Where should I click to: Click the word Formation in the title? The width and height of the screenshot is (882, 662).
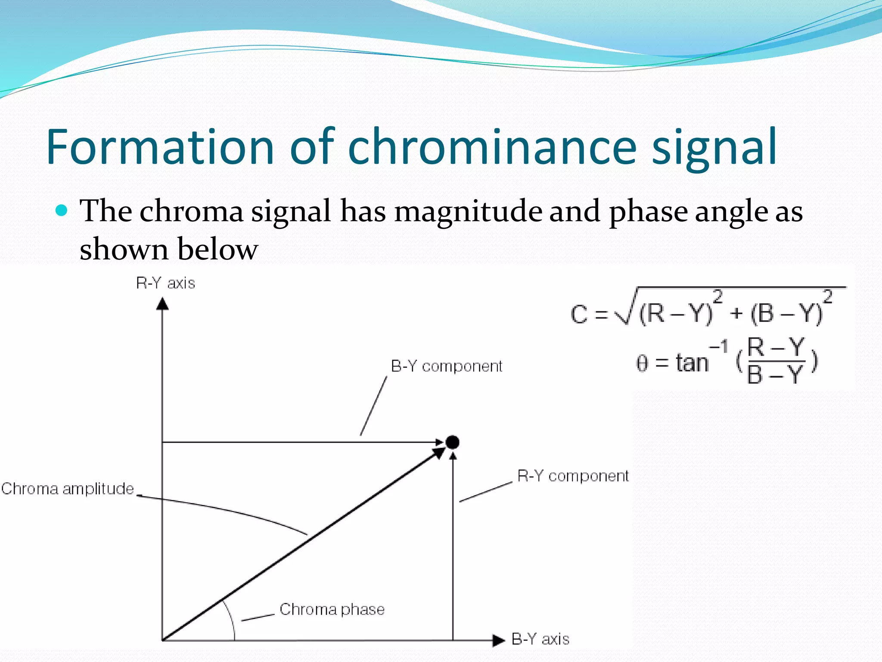pyautogui.click(x=160, y=147)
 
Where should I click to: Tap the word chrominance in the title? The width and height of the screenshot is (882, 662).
pyautogui.click(x=492, y=147)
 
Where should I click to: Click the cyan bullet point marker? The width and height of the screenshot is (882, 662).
pyautogui.click(x=62, y=210)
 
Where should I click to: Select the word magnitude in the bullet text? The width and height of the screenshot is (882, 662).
pyautogui.click(x=468, y=212)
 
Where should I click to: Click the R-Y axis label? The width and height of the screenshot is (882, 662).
pyautogui.click(x=165, y=283)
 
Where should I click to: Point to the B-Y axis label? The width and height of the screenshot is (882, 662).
pyautogui.click(x=540, y=639)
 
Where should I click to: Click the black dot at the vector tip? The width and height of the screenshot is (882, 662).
pyautogui.click(x=452, y=442)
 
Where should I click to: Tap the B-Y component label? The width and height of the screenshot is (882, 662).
pyautogui.click(x=446, y=366)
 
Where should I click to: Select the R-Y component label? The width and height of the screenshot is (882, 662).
pyautogui.click(x=573, y=476)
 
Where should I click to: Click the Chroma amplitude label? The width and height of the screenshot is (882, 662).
pyautogui.click(x=68, y=489)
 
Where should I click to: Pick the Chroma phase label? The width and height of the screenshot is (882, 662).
pyautogui.click(x=332, y=609)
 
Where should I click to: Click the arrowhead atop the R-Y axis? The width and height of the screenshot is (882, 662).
pyautogui.click(x=162, y=304)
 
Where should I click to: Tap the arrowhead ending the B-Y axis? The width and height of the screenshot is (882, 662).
pyautogui.click(x=498, y=640)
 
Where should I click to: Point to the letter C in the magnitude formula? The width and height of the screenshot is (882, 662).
pyautogui.click(x=579, y=314)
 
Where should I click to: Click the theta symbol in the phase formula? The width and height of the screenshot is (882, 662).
pyautogui.click(x=642, y=363)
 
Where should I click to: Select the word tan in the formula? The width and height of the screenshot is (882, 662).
pyautogui.click(x=692, y=363)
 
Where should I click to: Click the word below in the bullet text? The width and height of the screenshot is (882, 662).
pyautogui.click(x=217, y=250)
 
